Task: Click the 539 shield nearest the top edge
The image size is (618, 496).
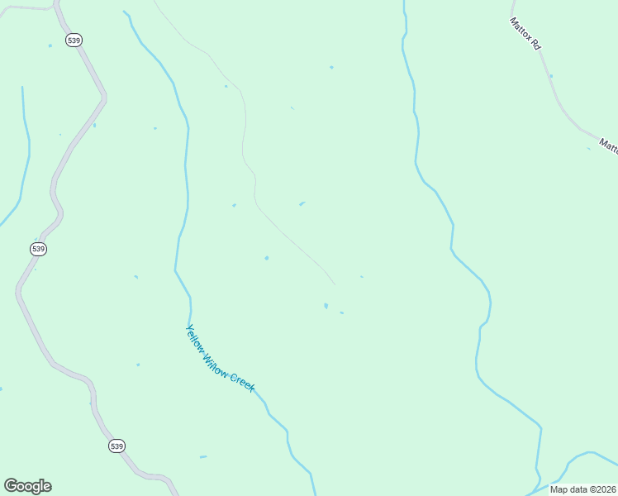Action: [x=74, y=40]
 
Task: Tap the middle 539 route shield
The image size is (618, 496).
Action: [x=38, y=249]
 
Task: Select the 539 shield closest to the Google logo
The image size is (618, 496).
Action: [x=116, y=446]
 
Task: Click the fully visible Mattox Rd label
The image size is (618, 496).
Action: [x=525, y=34]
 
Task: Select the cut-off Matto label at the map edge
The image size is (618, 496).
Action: [x=609, y=145]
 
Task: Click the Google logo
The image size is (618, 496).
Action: [x=27, y=486]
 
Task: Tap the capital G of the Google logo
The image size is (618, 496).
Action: [x=11, y=485]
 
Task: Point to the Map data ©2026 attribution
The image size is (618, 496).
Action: [x=582, y=489]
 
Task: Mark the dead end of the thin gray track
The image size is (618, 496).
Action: [x=335, y=284]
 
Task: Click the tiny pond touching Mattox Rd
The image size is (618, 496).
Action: [x=551, y=76]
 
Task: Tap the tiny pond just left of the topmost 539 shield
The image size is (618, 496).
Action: [x=50, y=45]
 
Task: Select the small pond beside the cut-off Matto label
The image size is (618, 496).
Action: [x=589, y=149]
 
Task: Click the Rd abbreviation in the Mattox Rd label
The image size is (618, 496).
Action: [x=535, y=45]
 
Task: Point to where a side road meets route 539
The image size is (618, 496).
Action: [x=55, y=8]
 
